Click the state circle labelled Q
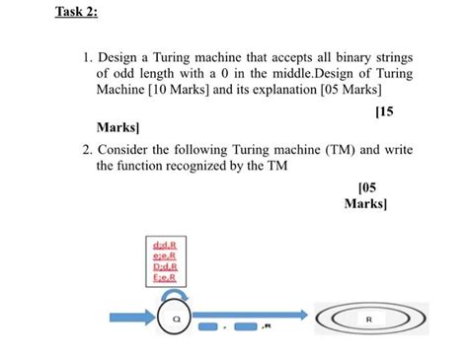pos(174,319)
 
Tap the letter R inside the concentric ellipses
pos(368,320)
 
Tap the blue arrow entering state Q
pos(132,320)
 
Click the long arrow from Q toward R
pos(229,324)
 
